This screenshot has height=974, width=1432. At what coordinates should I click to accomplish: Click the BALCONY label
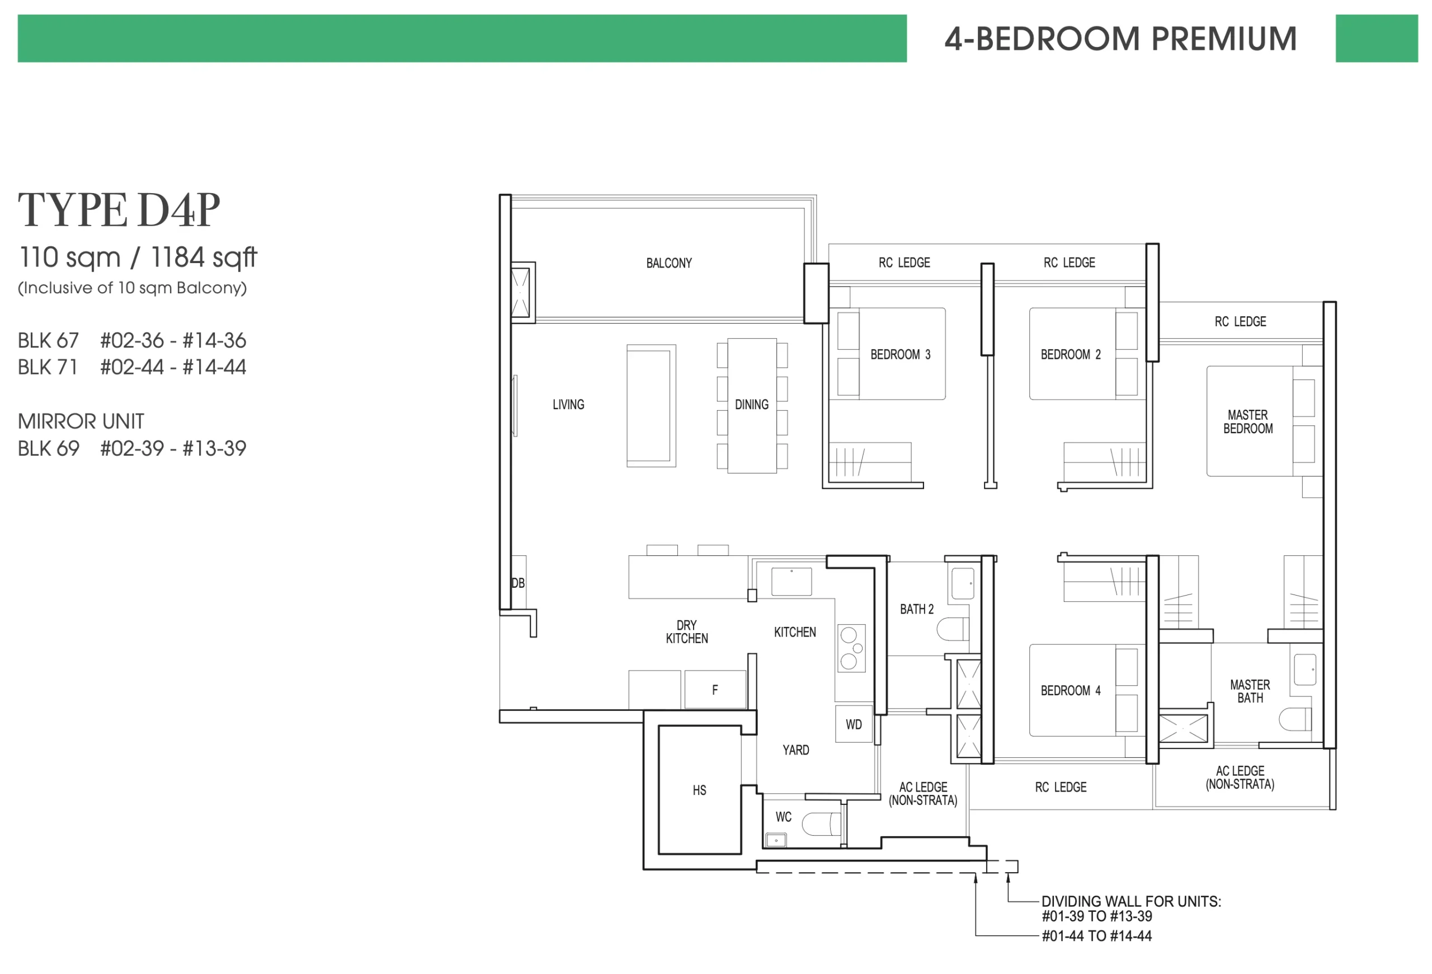668,263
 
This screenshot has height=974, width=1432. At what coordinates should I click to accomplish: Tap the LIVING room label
568,404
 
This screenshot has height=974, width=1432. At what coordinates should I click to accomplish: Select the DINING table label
752,404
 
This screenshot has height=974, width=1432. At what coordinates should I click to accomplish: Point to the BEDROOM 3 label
900,354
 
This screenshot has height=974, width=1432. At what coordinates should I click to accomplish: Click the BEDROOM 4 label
1070,690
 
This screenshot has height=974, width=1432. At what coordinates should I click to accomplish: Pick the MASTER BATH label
1250,691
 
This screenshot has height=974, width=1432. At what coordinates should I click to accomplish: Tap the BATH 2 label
916,609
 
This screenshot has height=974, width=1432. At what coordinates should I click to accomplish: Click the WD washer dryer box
854,724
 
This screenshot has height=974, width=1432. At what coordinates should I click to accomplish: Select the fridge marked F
715,690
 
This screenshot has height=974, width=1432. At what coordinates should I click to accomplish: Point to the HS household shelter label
699,790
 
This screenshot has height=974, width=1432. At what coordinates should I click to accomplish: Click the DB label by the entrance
517,583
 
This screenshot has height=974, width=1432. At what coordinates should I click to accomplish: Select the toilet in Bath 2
953,629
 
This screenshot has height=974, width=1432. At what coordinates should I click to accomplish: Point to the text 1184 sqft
204,257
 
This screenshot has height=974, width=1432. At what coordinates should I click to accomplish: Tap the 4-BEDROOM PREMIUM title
1121,39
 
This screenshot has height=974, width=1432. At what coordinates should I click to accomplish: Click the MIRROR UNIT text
81,421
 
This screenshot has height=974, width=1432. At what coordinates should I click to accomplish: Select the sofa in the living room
651,406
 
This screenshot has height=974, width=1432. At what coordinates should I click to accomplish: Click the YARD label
795,750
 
